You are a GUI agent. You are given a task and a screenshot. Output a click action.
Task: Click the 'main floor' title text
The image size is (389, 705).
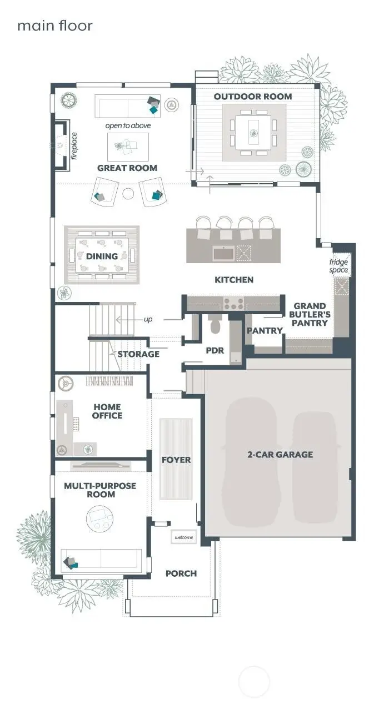(x=54, y=26)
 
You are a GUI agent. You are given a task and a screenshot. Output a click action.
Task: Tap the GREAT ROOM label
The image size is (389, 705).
(x=127, y=168)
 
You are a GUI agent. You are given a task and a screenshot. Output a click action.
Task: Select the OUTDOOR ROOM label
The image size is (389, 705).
(x=253, y=96)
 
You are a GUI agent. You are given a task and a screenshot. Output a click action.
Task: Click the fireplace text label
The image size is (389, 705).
(x=74, y=145)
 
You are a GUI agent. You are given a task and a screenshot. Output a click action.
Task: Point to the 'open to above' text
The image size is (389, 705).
(x=128, y=125)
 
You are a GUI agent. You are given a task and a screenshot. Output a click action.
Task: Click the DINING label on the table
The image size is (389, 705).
(x=102, y=256)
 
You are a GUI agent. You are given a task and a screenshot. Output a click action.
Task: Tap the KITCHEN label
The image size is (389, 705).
(x=234, y=279)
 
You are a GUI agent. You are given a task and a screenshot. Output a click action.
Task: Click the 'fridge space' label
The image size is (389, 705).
(x=338, y=266)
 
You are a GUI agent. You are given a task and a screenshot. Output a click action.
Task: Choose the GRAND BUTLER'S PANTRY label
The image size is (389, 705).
(x=310, y=314)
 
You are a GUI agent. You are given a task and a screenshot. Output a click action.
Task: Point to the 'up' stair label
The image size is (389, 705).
(x=148, y=319)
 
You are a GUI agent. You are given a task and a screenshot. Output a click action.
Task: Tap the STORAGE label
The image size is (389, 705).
(x=138, y=354)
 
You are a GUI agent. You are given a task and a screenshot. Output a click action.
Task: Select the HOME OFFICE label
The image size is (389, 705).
(x=108, y=411)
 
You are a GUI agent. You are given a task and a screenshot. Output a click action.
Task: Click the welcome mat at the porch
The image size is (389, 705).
(x=183, y=537)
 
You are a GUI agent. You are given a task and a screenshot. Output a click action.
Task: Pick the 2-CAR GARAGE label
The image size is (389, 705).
(x=280, y=454)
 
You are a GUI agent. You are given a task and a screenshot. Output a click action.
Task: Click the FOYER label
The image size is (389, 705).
(x=176, y=460)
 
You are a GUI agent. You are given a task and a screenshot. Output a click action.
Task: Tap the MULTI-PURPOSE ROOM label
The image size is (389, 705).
(x=100, y=490)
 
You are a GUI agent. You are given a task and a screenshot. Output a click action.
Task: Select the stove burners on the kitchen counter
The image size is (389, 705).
(x=233, y=304)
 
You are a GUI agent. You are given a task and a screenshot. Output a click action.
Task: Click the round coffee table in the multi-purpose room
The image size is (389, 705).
(x=101, y=521)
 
